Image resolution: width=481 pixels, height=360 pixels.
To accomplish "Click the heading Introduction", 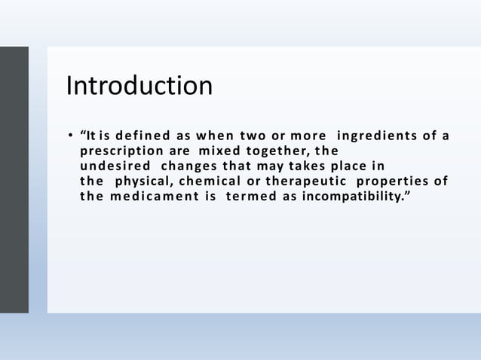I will [139, 86].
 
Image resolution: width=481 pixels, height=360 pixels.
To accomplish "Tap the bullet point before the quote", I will [70, 136].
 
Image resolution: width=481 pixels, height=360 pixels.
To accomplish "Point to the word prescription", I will [121, 151].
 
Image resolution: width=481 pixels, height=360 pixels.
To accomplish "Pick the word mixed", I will [219, 151].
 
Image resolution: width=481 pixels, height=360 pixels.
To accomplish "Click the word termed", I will [250, 197].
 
